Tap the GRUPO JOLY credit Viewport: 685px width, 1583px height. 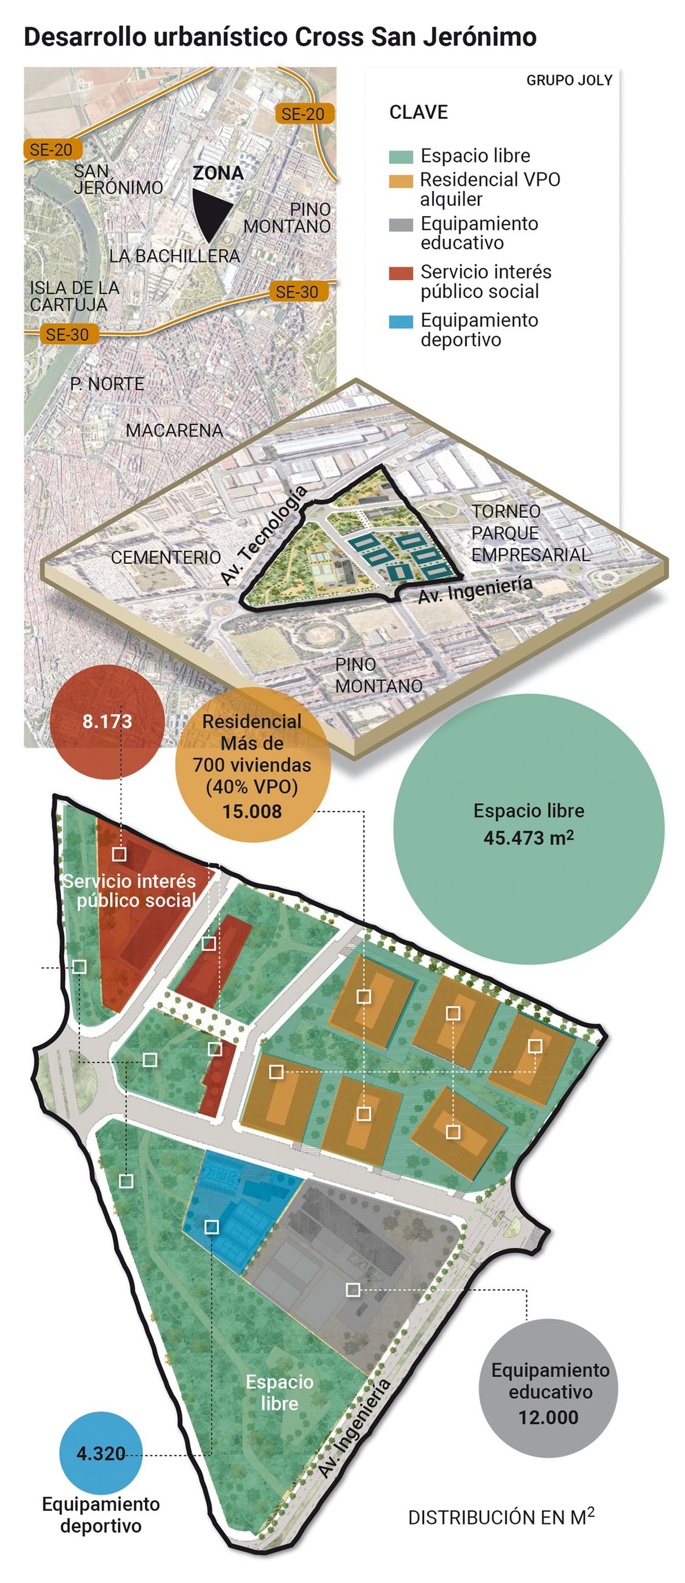pos(569,80)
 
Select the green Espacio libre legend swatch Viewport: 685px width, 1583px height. pos(400,156)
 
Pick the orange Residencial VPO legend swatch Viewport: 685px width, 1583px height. pos(400,181)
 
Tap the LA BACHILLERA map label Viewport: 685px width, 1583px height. pos(175,256)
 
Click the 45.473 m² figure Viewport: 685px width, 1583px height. pos(528,837)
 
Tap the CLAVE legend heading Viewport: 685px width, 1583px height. pos(418,112)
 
